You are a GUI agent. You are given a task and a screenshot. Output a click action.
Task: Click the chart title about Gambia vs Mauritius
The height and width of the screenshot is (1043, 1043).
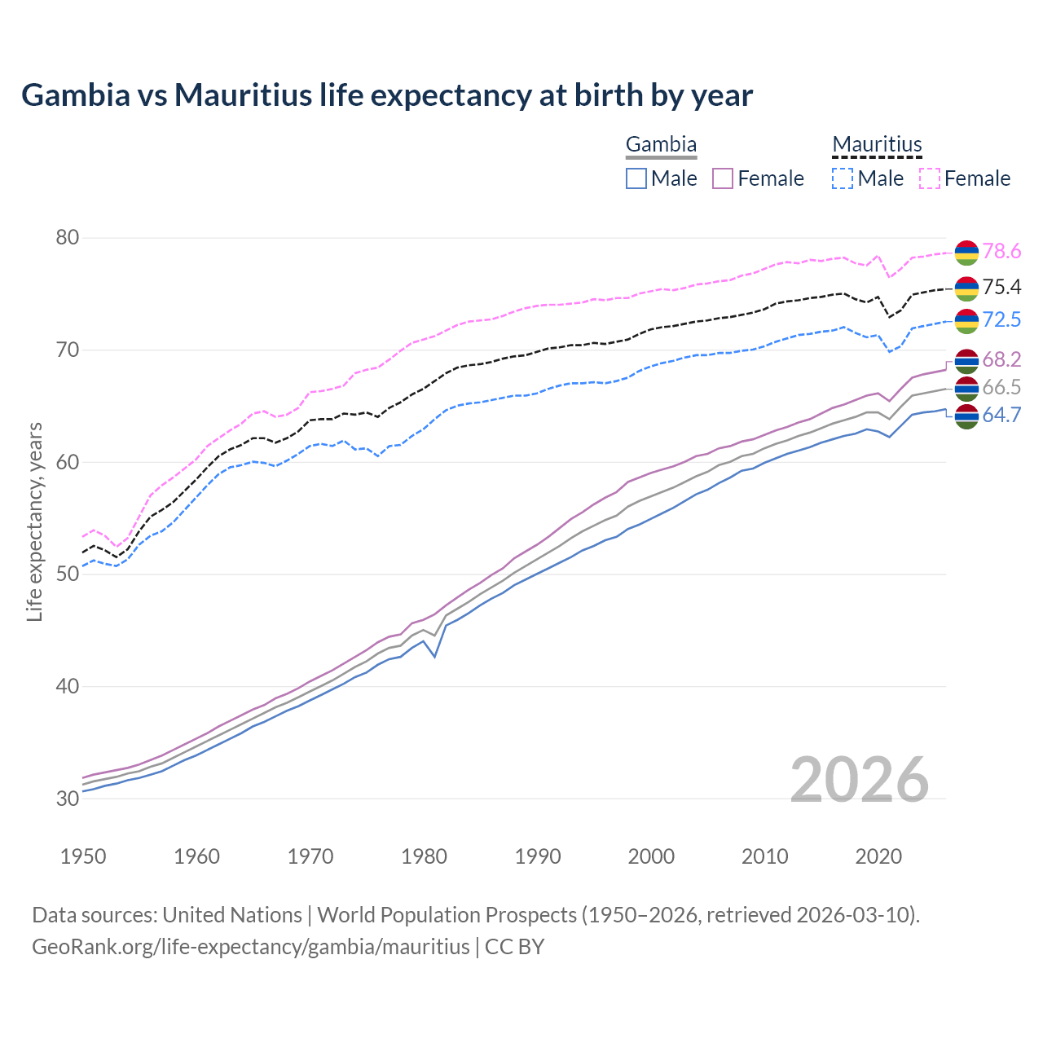point(387,95)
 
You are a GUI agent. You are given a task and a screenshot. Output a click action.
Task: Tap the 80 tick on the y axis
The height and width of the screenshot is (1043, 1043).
point(68,238)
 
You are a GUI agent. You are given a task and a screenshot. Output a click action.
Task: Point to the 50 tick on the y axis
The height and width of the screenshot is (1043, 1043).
point(68,574)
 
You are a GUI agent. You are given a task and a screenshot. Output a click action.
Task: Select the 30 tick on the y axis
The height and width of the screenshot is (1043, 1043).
point(68,798)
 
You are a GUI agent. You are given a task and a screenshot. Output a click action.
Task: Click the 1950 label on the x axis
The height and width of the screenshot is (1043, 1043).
point(83,856)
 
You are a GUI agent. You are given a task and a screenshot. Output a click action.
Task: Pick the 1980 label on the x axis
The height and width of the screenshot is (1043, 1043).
point(425,856)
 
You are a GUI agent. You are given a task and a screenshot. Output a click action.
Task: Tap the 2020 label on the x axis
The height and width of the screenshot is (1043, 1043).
point(879,856)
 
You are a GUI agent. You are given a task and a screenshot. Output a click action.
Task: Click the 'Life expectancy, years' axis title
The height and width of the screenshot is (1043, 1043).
point(34,521)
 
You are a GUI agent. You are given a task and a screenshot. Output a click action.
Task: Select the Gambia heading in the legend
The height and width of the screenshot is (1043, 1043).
point(661,145)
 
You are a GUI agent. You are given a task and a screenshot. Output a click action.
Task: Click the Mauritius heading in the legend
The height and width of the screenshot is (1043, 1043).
point(877,145)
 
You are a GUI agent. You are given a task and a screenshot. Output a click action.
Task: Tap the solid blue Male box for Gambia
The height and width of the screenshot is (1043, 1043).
point(636,178)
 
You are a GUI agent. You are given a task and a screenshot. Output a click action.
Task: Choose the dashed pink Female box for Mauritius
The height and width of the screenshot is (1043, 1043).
point(930,178)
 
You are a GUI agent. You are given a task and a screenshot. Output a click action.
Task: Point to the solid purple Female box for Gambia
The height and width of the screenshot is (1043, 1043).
point(724,178)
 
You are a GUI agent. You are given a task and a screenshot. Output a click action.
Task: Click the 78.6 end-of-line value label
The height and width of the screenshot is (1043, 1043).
point(1001,252)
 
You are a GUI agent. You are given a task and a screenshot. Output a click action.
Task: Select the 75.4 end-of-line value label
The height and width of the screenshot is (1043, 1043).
point(1001,287)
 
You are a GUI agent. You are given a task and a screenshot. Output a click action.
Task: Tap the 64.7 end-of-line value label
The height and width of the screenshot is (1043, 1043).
point(1001,416)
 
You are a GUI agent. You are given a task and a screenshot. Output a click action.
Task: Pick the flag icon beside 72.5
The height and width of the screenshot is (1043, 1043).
point(966,320)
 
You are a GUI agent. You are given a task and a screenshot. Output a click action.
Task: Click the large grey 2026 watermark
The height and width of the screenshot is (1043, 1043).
point(860,780)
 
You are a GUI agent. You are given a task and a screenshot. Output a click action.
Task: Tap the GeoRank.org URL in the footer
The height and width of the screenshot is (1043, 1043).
point(251,947)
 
